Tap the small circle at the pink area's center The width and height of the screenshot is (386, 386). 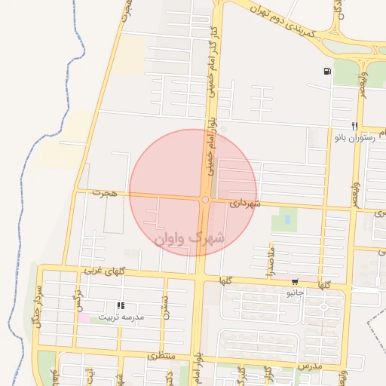click(205, 200)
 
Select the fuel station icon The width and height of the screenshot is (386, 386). click(326, 72)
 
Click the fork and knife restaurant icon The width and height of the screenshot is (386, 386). click(354, 125)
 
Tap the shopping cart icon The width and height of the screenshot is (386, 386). click(294, 280)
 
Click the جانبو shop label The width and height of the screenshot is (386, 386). click(295, 291)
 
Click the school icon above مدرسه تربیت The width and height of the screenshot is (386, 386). click(121, 306)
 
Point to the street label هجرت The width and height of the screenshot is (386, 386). click(106, 194)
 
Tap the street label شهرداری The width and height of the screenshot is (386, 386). click(246, 204)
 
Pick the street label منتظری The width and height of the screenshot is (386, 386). click(161, 355)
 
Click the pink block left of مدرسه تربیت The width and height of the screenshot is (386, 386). click(83, 318)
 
